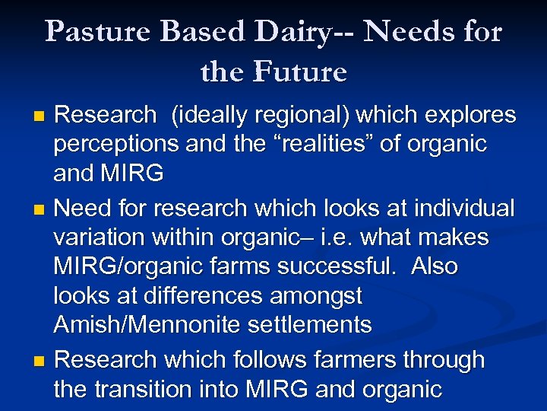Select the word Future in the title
(302, 72)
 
